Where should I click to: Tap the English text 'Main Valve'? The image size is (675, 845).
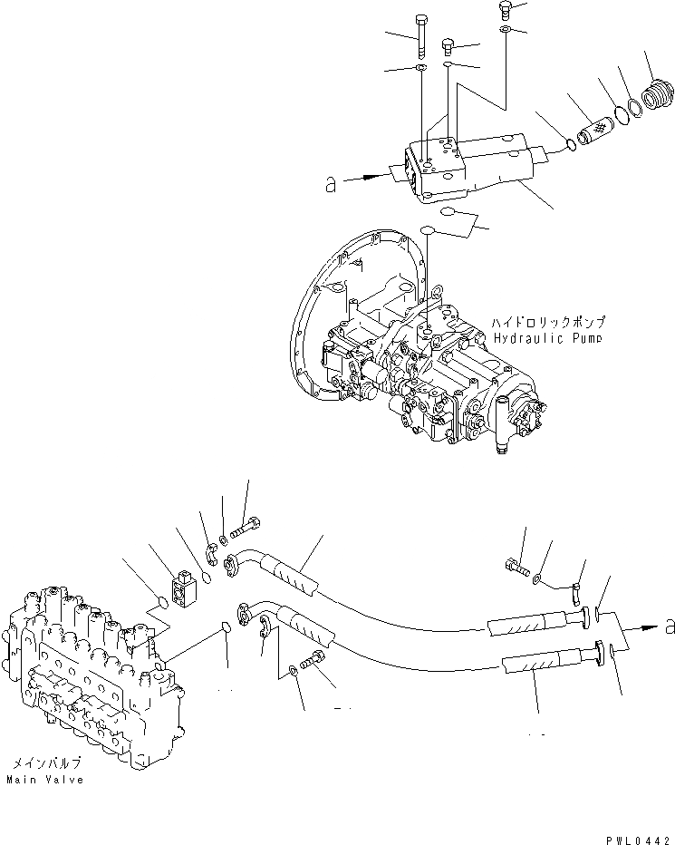[x=44, y=779]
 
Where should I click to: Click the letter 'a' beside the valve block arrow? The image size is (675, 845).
[x=331, y=183]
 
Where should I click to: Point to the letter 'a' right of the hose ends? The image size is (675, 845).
[x=669, y=626]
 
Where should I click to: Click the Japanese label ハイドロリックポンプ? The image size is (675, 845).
[x=548, y=322]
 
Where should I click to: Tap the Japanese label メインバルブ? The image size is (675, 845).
[x=43, y=763]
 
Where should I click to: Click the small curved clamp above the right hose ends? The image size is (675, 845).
[x=574, y=594]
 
